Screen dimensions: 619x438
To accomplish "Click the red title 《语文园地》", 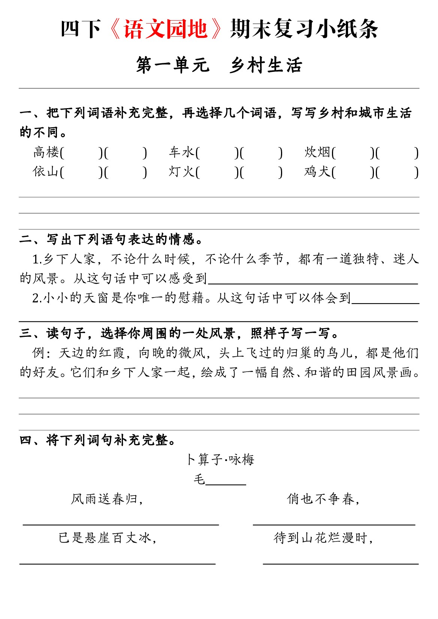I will (165, 29).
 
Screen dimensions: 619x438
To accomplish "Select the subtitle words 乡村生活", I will (266, 65).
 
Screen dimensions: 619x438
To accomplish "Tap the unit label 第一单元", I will (172, 65).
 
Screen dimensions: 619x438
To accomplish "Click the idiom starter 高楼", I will (46, 152).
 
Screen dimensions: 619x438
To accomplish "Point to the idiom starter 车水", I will (182, 152).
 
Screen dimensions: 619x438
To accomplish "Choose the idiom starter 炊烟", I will (317, 152).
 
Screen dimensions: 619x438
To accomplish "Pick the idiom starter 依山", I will (46, 172).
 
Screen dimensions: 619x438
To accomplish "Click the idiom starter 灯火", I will (182, 172).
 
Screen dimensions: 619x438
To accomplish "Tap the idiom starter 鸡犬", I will (317, 172).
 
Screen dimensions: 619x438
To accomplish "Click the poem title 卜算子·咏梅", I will (220, 459).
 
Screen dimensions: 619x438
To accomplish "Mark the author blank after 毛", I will (226, 481).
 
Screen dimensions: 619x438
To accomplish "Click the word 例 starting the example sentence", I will (39, 353).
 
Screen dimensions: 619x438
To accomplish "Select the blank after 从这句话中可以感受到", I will (313, 280).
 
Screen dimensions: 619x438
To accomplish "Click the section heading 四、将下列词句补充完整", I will (97, 440).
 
